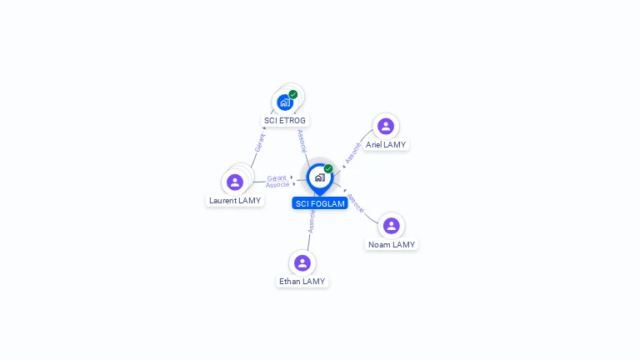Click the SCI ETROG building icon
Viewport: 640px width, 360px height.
[x=285, y=102]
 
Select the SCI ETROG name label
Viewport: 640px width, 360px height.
[x=285, y=120]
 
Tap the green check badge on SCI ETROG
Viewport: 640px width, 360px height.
[x=293, y=95]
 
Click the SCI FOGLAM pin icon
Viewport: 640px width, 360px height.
[x=320, y=179]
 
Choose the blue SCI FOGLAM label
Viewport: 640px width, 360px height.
[x=320, y=203]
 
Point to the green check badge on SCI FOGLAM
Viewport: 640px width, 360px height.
[x=328, y=168]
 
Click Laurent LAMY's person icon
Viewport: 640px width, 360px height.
[x=235, y=182]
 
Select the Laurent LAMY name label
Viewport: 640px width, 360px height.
[x=235, y=200]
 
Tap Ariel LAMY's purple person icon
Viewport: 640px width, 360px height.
[x=386, y=126]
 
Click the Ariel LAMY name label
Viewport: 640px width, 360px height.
[x=386, y=144]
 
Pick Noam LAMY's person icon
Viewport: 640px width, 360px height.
[x=392, y=226]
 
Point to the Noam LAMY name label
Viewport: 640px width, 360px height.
[x=392, y=244]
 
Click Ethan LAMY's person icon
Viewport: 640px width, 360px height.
[x=302, y=263]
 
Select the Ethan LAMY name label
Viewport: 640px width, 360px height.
[x=302, y=281]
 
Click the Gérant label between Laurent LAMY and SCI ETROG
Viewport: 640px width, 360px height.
[x=260, y=142]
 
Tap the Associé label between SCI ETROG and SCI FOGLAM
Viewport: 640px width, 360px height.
[x=302, y=141]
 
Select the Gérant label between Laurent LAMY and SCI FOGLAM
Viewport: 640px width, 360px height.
[x=277, y=178]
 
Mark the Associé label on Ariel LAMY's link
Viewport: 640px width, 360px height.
[x=352, y=152]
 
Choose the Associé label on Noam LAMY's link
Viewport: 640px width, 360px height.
[x=355, y=203]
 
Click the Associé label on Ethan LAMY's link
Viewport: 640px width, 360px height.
[x=312, y=222]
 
